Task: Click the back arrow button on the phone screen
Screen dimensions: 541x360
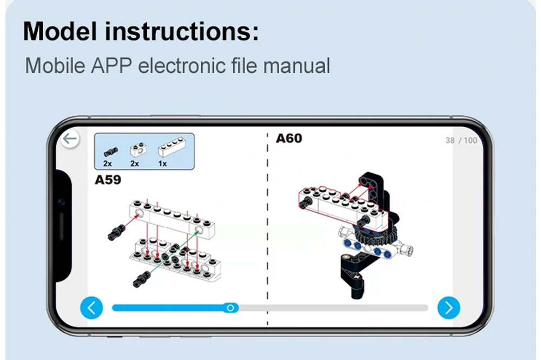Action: click(x=70, y=139)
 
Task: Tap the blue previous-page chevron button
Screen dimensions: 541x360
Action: click(x=91, y=307)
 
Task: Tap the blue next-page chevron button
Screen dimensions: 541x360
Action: click(x=448, y=307)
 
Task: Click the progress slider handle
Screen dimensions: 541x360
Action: click(x=230, y=307)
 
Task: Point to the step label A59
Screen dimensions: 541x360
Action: click(x=108, y=180)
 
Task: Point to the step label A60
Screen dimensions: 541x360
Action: click(x=289, y=139)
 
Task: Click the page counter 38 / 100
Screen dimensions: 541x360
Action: click(x=461, y=140)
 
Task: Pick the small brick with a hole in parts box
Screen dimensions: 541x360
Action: click(x=138, y=149)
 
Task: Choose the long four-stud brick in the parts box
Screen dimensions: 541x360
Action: click(x=171, y=147)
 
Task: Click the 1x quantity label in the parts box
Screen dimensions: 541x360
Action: click(x=162, y=163)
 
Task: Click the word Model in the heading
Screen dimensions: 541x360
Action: click(x=60, y=31)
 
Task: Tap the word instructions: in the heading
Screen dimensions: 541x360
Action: click(x=182, y=31)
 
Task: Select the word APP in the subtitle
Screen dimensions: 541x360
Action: click(x=111, y=66)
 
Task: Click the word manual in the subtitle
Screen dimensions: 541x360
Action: click(x=296, y=66)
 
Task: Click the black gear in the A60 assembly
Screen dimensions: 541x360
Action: click(x=375, y=235)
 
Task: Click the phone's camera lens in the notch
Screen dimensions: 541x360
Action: click(x=62, y=202)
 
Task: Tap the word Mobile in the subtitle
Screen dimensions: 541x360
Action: click(x=55, y=66)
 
